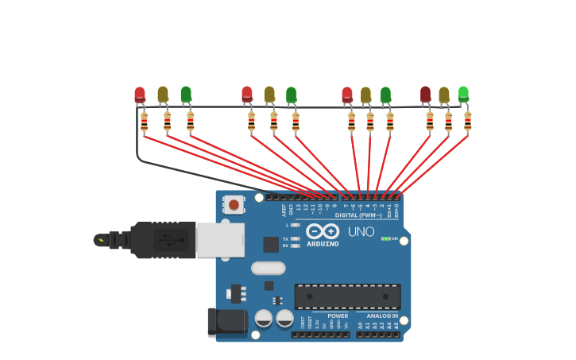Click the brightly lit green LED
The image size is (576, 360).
click(x=463, y=94)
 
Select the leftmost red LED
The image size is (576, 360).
click(x=140, y=95)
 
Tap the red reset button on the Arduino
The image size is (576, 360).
click(x=234, y=205)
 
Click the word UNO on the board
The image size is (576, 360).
click(x=361, y=231)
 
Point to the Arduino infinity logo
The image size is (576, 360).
click(x=323, y=231)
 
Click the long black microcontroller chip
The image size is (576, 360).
click(x=347, y=296)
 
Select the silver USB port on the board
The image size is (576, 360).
click(x=220, y=240)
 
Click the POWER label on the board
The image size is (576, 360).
click(x=338, y=316)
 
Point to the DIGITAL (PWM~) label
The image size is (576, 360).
click(x=358, y=215)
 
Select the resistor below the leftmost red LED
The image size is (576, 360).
click(x=144, y=122)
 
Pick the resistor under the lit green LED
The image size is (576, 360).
click(x=467, y=122)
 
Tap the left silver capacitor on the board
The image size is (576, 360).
click(x=264, y=319)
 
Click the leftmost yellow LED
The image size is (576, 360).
click(x=163, y=95)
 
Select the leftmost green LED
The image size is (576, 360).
click(x=186, y=95)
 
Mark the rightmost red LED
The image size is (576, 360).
click(x=426, y=95)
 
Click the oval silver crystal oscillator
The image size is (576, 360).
click(x=269, y=269)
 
